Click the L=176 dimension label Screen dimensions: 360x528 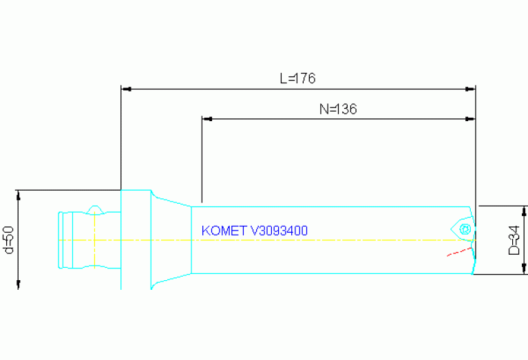pos(297,78)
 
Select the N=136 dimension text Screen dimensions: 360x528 pos(338,109)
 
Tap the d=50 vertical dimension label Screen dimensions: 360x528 pos(9,240)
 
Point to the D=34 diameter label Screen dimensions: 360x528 pos(514,240)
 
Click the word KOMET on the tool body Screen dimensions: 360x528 pos(224,231)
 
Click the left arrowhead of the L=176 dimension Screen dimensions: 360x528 pos(126,89)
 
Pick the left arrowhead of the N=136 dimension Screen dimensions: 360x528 pos(206,119)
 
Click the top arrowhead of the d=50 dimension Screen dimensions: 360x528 pos(19,195)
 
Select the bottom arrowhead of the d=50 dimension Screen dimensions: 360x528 pos(19,284)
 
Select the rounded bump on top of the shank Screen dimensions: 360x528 pos(96,209)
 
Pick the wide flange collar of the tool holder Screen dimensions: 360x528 pos(136,240)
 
